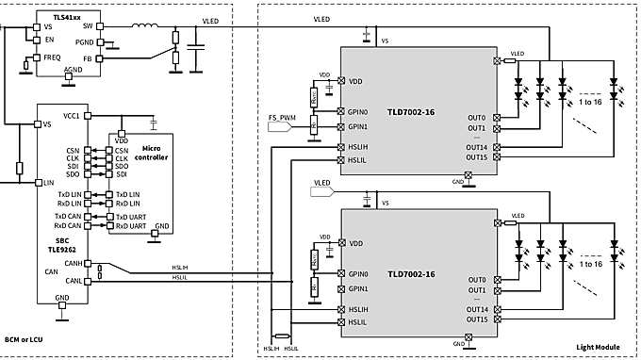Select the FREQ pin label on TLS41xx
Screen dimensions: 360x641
coord(52,57)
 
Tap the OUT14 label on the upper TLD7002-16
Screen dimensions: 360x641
coord(476,148)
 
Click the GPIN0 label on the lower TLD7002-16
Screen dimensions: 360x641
coord(358,273)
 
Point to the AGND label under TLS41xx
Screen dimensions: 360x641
coord(73,70)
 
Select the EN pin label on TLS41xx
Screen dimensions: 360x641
coord(49,41)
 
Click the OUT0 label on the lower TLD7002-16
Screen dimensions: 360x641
coord(477,280)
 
